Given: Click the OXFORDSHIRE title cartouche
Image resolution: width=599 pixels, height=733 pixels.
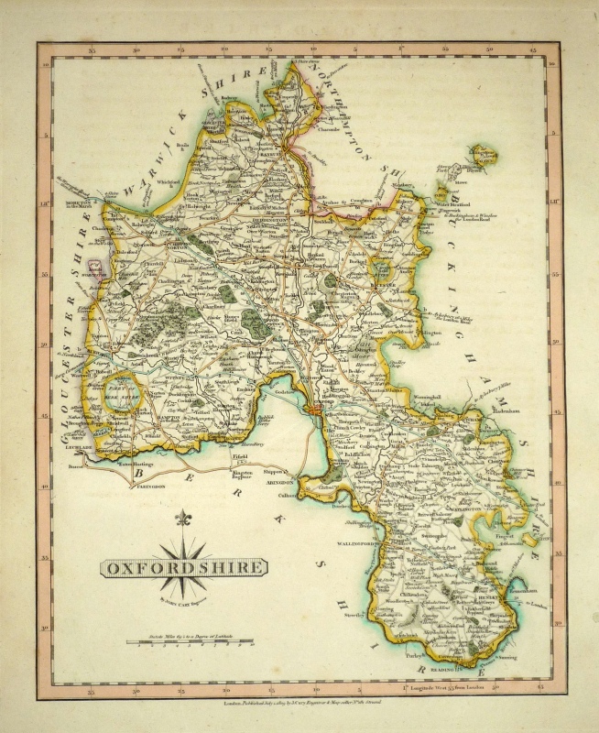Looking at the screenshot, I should tap(183, 567).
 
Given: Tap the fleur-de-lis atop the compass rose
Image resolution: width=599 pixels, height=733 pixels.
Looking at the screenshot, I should tap(183, 519).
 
